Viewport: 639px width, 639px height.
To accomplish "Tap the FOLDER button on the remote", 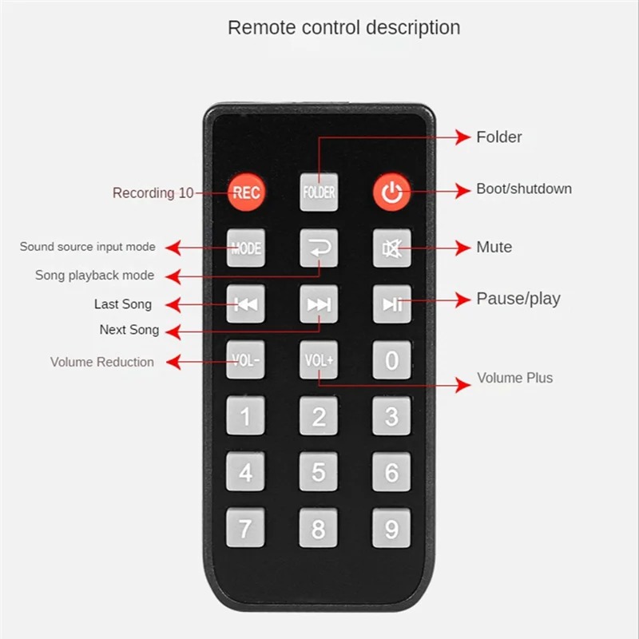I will pos(319,192).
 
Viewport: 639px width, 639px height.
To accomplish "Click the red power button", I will pos(391,192).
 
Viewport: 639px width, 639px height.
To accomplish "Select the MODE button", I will pos(245,248).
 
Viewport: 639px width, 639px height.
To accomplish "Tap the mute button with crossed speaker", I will pos(391,248).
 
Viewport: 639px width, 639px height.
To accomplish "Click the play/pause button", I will pos(391,304).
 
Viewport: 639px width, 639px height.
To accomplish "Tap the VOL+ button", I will pos(319,360).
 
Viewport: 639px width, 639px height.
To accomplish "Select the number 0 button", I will pos(391,360).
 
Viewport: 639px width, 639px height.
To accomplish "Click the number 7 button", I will pos(245,528).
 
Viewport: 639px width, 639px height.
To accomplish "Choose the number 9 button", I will pos(391,528).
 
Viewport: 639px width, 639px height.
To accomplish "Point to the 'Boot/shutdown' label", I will pos(524,189).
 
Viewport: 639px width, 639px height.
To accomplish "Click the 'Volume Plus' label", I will pos(514,378).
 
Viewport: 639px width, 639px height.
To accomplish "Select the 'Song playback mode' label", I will pos(94,276).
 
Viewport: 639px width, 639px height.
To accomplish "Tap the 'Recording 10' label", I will pos(153,193).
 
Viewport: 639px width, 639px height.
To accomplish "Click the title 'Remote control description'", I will pos(343,27).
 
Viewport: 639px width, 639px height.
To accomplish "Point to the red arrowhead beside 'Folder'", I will pos(463,137).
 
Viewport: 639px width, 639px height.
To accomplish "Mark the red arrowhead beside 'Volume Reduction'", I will pos(172,362).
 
